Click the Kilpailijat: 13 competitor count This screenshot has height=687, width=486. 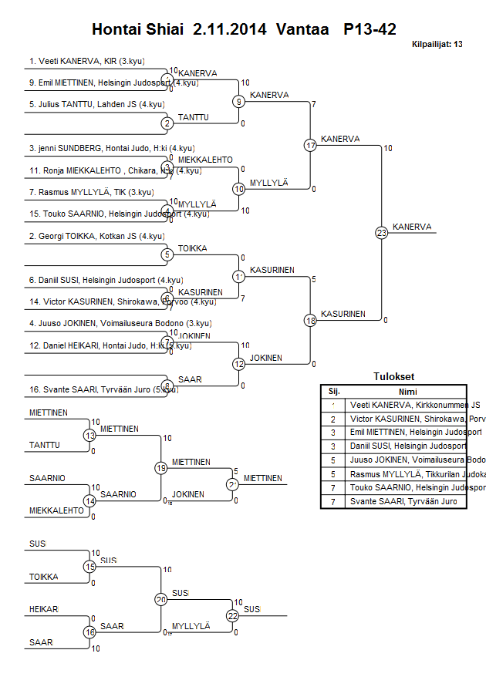pos(437,44)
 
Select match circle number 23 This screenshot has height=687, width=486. pos(381,232)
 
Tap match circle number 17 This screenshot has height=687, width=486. pos(310,145)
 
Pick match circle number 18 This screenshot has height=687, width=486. pos(310,320)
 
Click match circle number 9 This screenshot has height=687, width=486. pos(239,101)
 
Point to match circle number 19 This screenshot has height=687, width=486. pos(161,467)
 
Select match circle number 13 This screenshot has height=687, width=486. pos(90,436)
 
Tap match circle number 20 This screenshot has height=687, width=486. pos(161,599)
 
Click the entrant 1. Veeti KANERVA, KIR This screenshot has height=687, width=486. pos(87,60)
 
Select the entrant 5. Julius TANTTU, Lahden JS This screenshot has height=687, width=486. pos(96,104)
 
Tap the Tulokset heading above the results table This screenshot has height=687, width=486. pos(393,376)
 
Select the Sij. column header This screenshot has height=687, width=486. pos(334,391)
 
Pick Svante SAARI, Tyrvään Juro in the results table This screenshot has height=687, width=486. pos(403,502)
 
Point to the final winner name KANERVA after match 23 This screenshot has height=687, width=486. pos(411,227)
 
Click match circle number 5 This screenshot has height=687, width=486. pos(167,254)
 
